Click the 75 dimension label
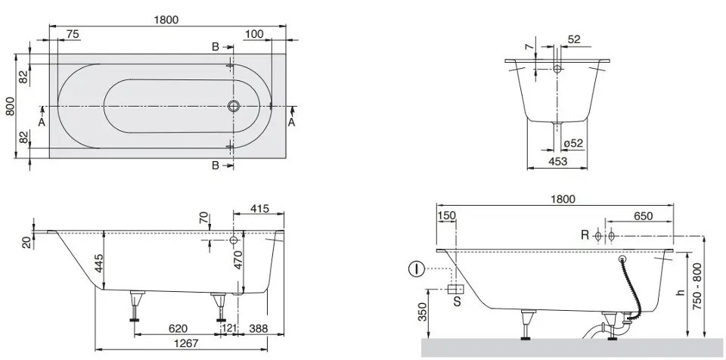(x=73, y=34)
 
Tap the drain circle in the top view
(x=234, y=106)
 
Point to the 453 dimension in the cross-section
(x=557, y=161)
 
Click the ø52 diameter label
(x=574, y=144)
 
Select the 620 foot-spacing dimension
(x=178, y=328)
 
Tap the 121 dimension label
(x=229, y=328)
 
